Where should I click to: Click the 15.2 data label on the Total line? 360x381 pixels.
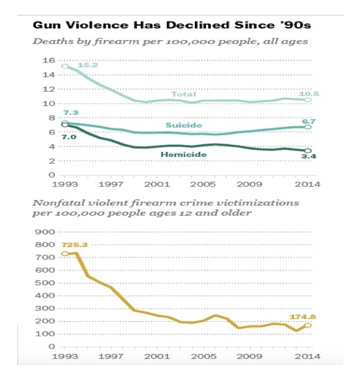coord(87,65)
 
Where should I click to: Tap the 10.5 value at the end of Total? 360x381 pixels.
coord(309,94)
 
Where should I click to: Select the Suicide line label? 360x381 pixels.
coord(184,125)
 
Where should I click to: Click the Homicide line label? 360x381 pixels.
coord(184,155)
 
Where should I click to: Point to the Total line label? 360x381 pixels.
coord(184,94)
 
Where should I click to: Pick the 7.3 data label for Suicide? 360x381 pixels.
coord(71,112)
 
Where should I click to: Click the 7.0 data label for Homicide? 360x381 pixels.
coord(69,137)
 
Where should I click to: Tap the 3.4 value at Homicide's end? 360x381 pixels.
coord(309,156)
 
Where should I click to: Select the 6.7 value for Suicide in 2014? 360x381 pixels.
coord(309,121)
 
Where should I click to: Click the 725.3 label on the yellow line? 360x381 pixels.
coord(75,245)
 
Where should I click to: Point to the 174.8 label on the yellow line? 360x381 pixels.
coord(303,317)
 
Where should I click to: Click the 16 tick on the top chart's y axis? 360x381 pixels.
coord(49,60)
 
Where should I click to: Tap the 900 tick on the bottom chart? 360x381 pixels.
coord(45,232)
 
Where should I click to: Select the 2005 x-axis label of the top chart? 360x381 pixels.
coord(203,185)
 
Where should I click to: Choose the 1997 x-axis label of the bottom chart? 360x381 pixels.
coord(111,357)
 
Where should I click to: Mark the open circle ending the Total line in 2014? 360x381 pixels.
coord(308,100)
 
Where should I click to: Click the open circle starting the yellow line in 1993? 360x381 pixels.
coord(65,254)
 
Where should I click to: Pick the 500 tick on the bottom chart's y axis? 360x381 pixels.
coord(45,283)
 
